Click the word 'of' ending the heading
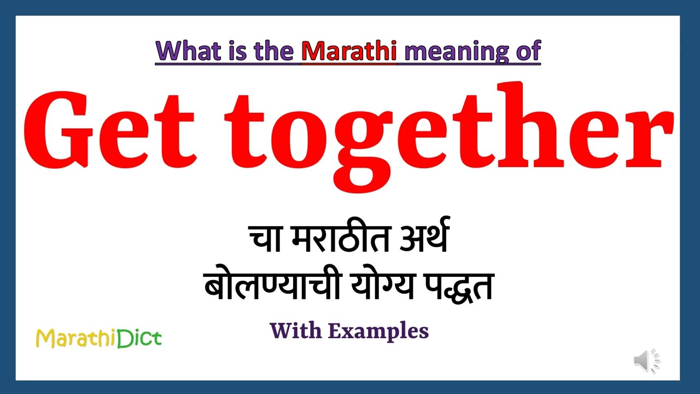pos(526,51)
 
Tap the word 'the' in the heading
pos(277,51)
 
